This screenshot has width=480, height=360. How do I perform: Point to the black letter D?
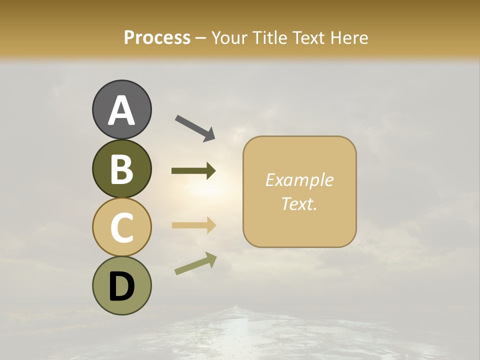[x=121, y=287]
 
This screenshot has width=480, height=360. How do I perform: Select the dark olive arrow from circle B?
[x=193, y=171]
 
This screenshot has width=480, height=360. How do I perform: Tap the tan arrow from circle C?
[x=193, y=225]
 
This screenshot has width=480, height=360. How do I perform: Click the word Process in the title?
[x=157, y=37]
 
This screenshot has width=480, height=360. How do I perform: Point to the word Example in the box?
[x=299, y=180]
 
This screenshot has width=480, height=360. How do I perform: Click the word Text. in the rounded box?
[x=299, y=203]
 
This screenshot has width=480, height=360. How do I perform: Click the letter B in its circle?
[x=121, y=169]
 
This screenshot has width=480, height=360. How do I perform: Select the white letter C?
[x=121, y=228]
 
